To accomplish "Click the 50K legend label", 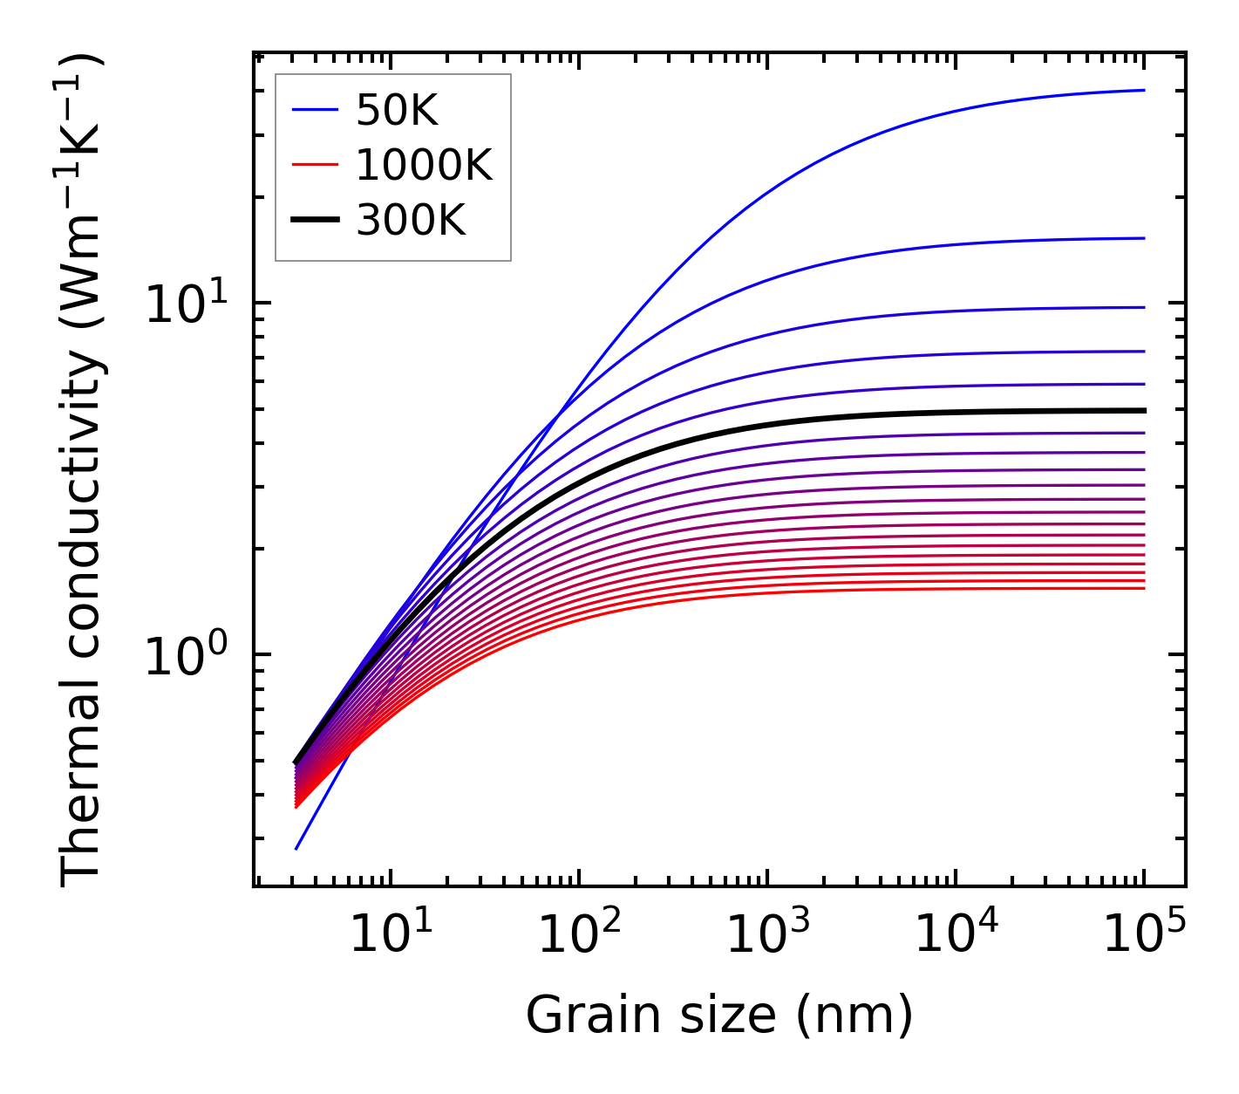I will click(396, 110).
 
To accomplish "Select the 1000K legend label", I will click(424, 165).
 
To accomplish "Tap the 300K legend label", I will click(411, 221).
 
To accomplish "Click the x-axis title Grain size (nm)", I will click(719, 1015).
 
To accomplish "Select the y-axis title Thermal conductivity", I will click(82, 471).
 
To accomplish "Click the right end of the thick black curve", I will click(1143, 410).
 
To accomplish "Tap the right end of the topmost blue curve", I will click(1143, 90).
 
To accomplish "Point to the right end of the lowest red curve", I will click(1143, 588).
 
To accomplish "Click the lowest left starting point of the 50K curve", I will click(296, 848).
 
